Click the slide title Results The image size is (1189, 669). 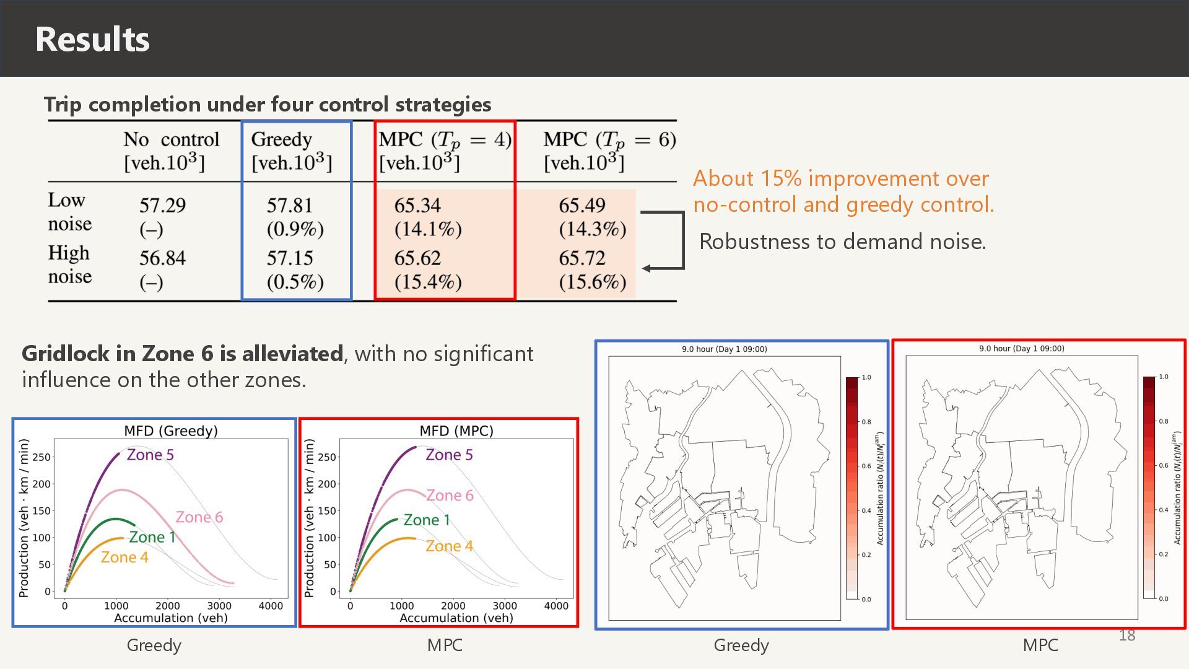(92, 39)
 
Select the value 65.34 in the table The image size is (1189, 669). (417, 205)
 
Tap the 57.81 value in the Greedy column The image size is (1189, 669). (289, 205)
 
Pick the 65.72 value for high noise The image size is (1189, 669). (581, 258)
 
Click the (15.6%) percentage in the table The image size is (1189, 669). (592, 282)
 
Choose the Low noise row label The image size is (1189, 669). (69, 211)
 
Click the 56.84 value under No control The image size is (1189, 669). (162, 258)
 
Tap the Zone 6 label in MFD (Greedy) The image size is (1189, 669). (199, 517)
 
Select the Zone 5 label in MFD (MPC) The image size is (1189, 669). (449, 455)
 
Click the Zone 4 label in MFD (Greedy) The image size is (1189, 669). (124, 557)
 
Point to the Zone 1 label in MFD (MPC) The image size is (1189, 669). (427, 520)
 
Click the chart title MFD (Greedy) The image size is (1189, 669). (171, 431)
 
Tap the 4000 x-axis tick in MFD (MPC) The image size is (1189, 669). (555, 606)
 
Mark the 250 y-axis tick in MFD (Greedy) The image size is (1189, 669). (41, 457)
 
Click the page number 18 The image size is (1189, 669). (1126, 635)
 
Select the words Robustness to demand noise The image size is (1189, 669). (842, 241)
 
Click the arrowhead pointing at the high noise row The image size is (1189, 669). (647, 268)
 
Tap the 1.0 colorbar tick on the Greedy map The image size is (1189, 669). (866, 377)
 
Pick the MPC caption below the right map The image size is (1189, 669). (1040, 645)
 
